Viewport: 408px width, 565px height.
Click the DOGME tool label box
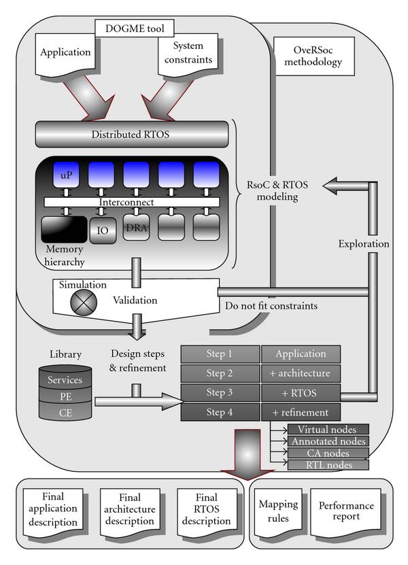(139, 29)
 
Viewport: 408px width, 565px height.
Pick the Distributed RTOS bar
(131, 133)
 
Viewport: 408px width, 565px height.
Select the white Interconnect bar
(132, 202)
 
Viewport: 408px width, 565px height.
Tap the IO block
(102, 230)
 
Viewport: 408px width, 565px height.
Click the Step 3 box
(220, 392)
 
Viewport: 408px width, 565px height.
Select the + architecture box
(301, 373)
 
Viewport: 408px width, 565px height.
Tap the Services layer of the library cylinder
(65, 380)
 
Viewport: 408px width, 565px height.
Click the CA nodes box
(328, 453)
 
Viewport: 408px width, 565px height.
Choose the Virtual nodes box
(328, 429)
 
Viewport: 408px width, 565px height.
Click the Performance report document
(347, 512)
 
